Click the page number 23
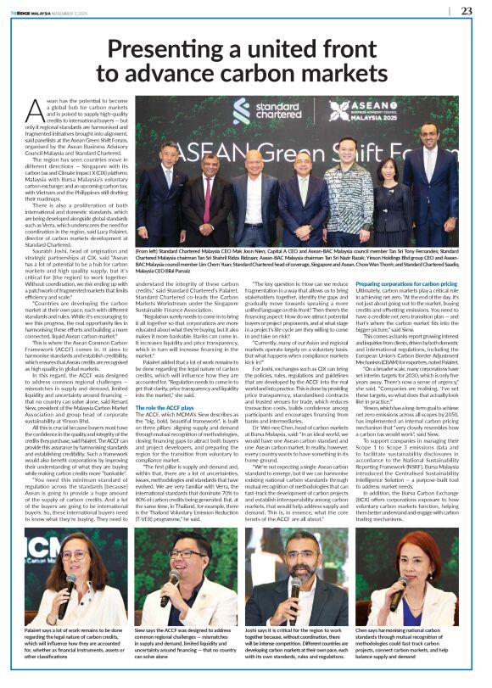coord(467,11)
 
